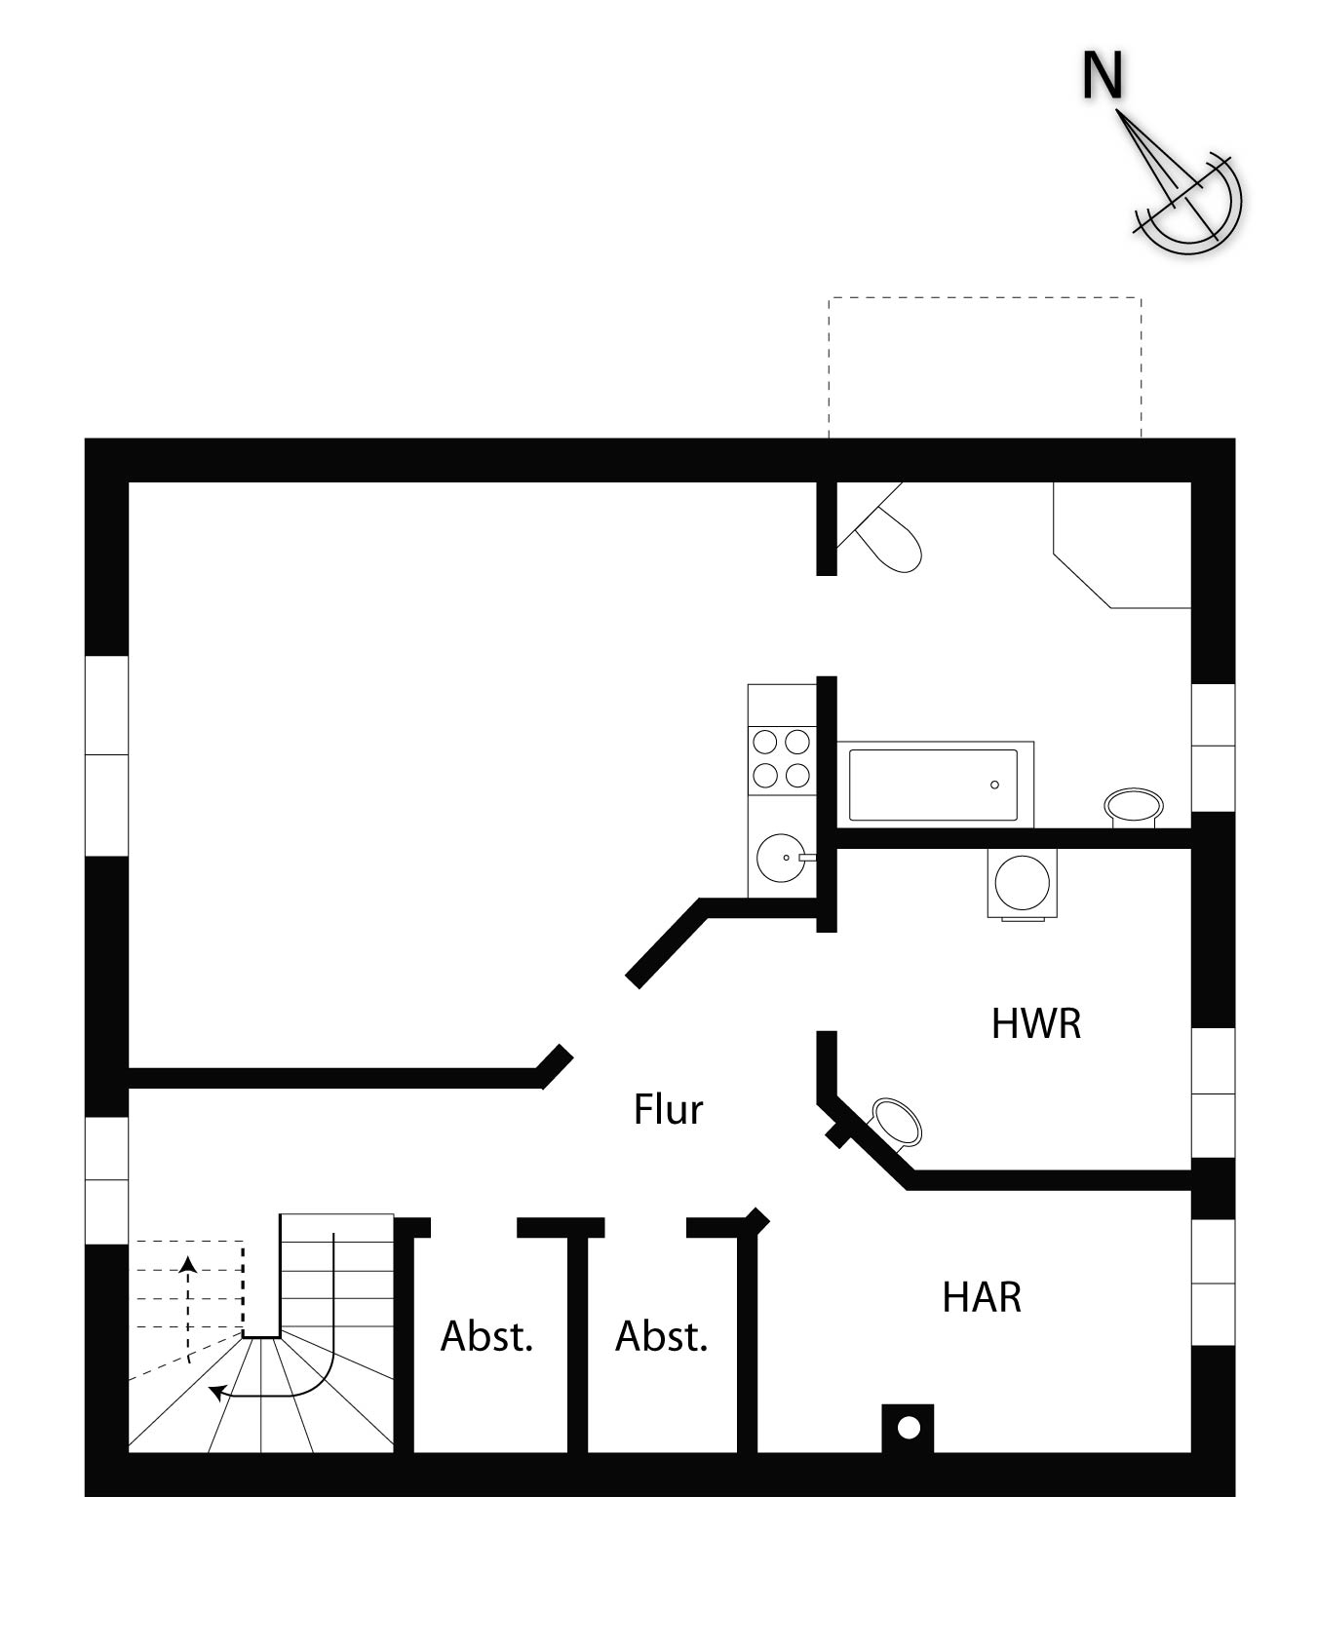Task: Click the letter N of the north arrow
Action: (x=1104, y=75)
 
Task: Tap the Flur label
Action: (x=668, y=1109)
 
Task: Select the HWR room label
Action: (x=1036, y=1024)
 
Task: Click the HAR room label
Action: (x=982, y=1298)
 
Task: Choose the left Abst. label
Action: (x=486, y=1336)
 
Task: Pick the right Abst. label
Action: (x=661, y=1336)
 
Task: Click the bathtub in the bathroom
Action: (x=935, y=785)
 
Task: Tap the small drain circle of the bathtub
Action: (x=995, y=785)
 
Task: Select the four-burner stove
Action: (x=782, y=759)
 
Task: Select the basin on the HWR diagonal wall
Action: (x=894, y=1122)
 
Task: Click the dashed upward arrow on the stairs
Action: (x=188, y=1309)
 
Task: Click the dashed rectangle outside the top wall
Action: (x=985, y=298)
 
